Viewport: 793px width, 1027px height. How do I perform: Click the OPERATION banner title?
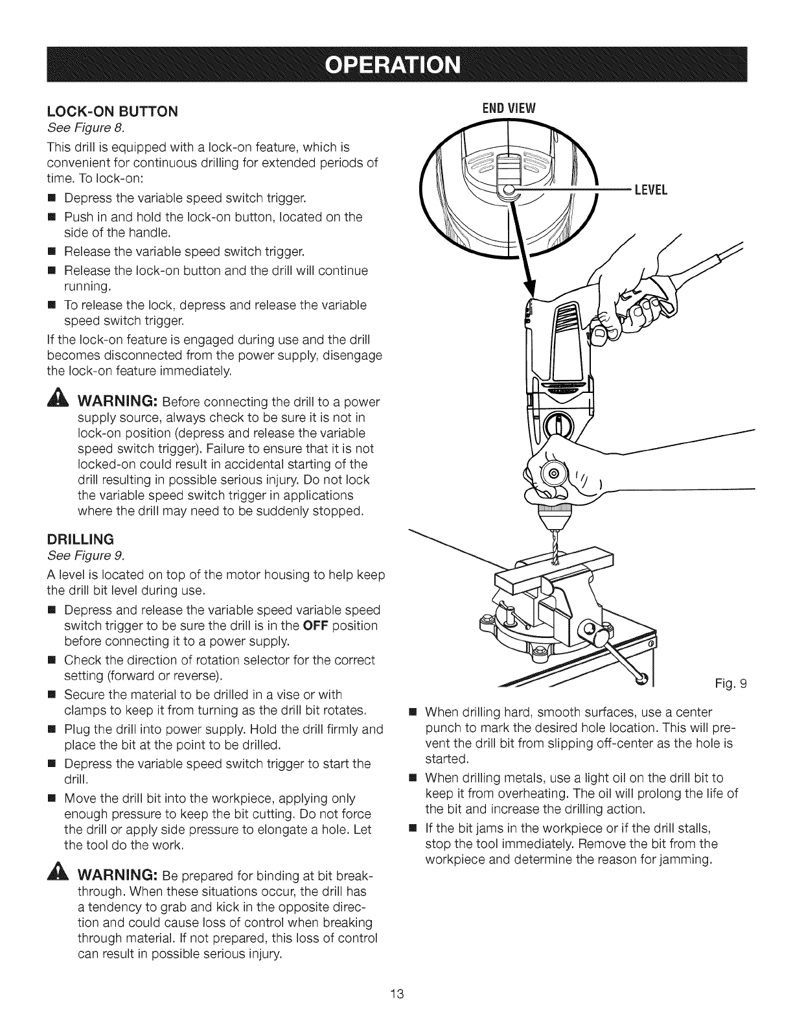pyautogui.click(x=396, y=65)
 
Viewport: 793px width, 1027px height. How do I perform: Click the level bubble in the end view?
pyautogui.click(x=510, y=190)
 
